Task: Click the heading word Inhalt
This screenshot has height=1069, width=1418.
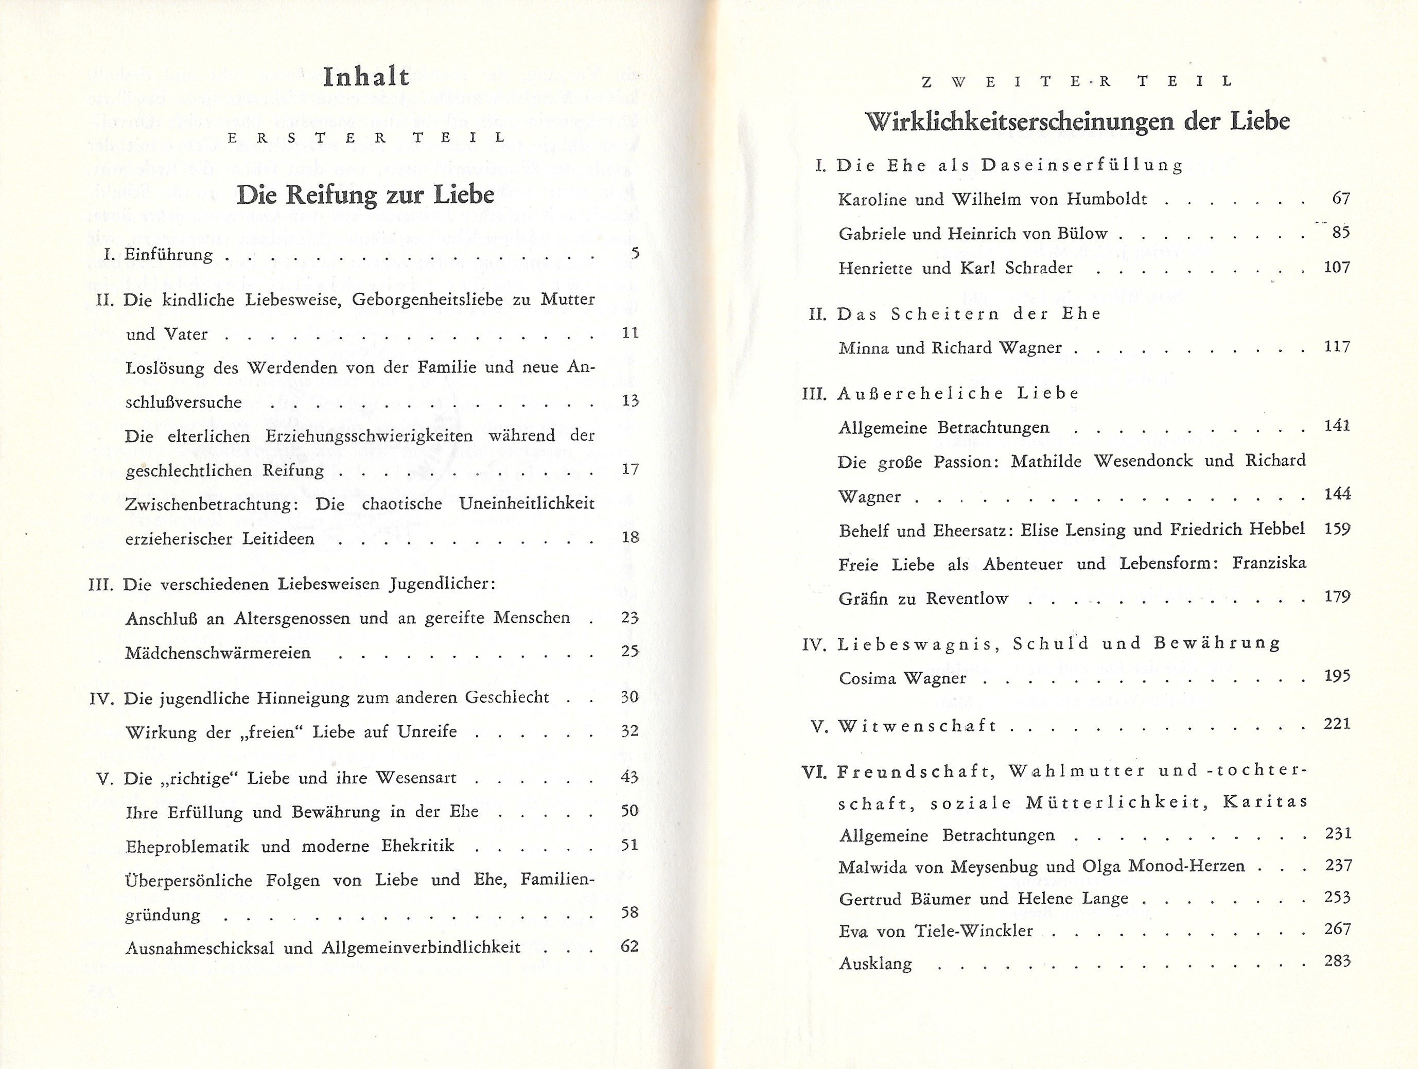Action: tap(366, 78)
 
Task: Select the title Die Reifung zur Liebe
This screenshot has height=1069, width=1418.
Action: tap(365, 195)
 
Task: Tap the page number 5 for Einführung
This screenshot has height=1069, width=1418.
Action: tap(635, 253)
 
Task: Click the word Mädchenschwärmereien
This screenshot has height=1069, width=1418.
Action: tap(218, 653)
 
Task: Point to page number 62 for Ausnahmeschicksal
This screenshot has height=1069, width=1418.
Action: tap(629, 946)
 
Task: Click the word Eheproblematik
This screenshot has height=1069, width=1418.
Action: tap(187, 846)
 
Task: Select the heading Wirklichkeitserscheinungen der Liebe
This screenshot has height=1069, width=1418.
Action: tap(1077, 121)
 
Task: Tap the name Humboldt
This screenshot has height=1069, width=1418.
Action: tap(1107, 199)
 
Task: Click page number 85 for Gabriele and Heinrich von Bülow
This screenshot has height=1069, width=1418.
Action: tap(1340, 232)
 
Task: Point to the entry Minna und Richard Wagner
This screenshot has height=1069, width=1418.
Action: tap(950, 348)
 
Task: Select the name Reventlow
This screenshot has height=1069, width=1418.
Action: tap(967, 599)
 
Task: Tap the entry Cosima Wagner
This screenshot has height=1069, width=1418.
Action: tap(902, 678)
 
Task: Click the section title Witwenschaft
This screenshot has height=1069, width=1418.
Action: tap(917, 726)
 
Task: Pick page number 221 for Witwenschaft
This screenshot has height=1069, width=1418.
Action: tap(1337, 724)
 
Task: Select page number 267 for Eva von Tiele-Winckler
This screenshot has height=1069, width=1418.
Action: tap(1338, 928)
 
